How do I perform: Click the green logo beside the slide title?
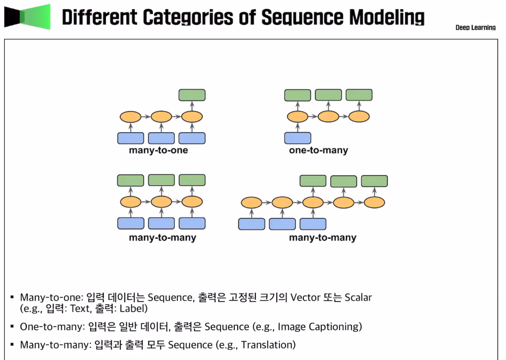click(x=27, y=17)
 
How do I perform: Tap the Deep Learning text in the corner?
click(x=475, y=28)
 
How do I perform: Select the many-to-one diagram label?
click(x=158, y=150)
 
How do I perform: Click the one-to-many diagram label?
click(x=318, y=150)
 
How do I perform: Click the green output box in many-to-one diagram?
click(x=192, y=95)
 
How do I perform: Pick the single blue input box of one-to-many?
click(x=298, y=138)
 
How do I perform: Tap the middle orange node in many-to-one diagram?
click(x=161, y=116)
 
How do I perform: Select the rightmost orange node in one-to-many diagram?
click(x=359, y=116)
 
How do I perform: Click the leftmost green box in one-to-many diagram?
click(x=298, y=95)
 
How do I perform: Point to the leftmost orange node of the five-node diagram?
click(x=252, y=203)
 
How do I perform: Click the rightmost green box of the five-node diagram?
click(x=374, y=181)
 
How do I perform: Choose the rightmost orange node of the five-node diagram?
click(x=374, y=203)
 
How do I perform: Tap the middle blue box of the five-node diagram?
click(x=282, y=224)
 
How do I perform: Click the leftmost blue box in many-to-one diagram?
click(x=131, y=138)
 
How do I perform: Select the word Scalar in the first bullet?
click(x=358, y=297)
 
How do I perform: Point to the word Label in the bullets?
click(x=133, y=309)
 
